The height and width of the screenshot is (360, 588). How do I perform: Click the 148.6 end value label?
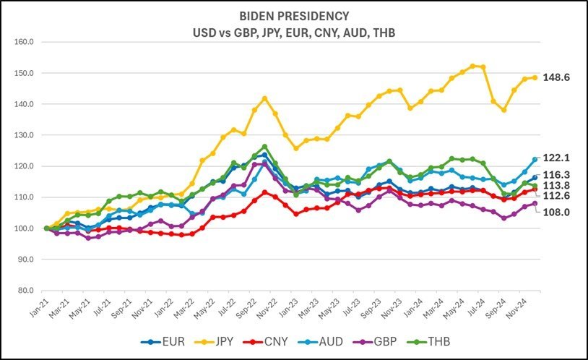click(558, 77)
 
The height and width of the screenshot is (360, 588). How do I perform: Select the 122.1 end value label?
click(558, 158)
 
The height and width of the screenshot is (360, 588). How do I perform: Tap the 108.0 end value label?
click(558, 212)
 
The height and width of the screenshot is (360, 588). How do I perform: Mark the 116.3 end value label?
click(558, 175)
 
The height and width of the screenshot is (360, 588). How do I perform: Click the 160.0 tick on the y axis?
click(25, 42)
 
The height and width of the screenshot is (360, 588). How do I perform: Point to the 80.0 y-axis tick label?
click(26, 291)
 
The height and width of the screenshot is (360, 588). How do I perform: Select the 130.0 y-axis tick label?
click(25, 135)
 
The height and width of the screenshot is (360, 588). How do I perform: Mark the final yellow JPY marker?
click(535, 77)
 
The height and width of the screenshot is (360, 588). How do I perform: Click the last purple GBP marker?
click(535, 204)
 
